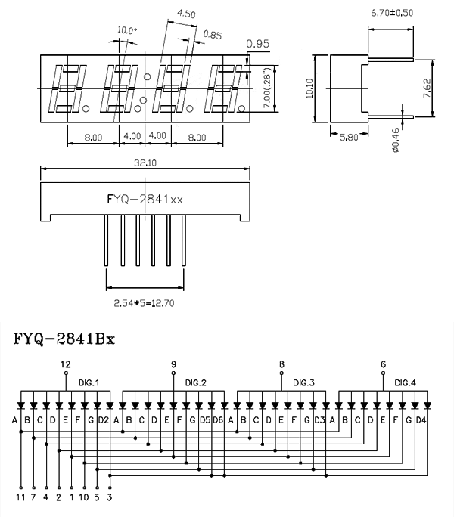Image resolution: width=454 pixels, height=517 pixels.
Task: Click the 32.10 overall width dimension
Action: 145,163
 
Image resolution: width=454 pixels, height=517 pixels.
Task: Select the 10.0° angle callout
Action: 127,30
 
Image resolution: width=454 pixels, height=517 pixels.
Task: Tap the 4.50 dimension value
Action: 186,14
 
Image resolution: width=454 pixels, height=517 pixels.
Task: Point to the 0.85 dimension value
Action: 213,35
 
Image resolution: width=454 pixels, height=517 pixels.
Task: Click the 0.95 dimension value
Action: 258,45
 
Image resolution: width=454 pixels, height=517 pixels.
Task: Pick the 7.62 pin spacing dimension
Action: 428,89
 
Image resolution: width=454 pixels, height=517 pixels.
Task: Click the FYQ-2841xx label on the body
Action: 145,200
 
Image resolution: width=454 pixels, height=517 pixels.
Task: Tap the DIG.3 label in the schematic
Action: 303,382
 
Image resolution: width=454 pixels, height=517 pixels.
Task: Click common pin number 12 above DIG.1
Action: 65,364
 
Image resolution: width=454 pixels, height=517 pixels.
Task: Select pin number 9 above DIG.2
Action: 173,364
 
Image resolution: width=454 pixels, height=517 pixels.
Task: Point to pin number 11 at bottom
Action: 20,497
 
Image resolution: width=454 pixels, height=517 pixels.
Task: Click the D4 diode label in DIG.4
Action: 421,420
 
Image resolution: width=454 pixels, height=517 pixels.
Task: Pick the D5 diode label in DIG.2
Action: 204,420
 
